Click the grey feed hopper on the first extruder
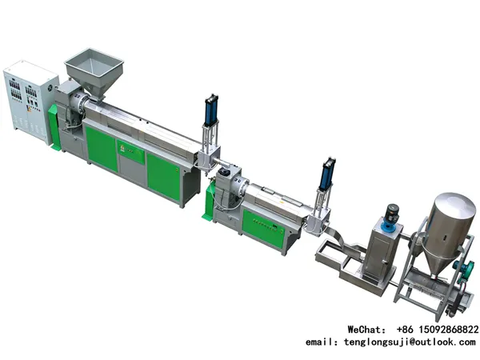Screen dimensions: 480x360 (94, 71)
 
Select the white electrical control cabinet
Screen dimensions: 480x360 (30, 102)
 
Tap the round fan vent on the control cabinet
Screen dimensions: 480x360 (50, 88)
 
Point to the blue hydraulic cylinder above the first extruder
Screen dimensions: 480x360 (211, 110)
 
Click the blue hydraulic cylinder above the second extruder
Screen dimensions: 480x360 (326, 174)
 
